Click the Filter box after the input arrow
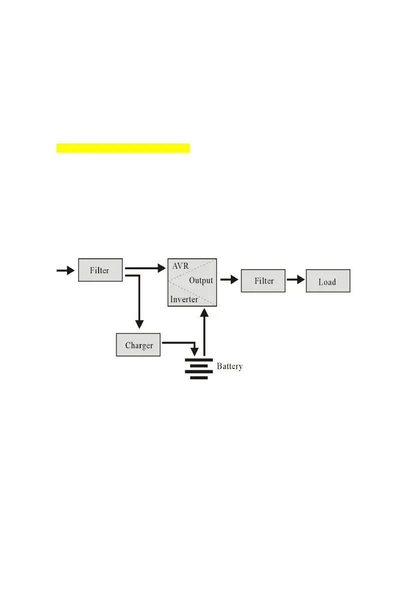click(100, 270)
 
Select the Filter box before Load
click(263, 281)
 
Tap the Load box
click(327, 282)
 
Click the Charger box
click(138, 345)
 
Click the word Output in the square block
click(201, 281)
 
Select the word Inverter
click(184, 299)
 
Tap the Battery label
click(229, 366)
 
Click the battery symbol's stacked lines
click(199, 368)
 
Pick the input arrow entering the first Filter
click(65, 270)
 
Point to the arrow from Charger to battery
click(180, 344)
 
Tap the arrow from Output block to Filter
click(229, 280)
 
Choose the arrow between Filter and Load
click(295, 280)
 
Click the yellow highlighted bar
click(123, 148)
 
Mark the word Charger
click(138, 345)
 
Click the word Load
click(327, 282)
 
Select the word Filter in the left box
click(100, 271)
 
